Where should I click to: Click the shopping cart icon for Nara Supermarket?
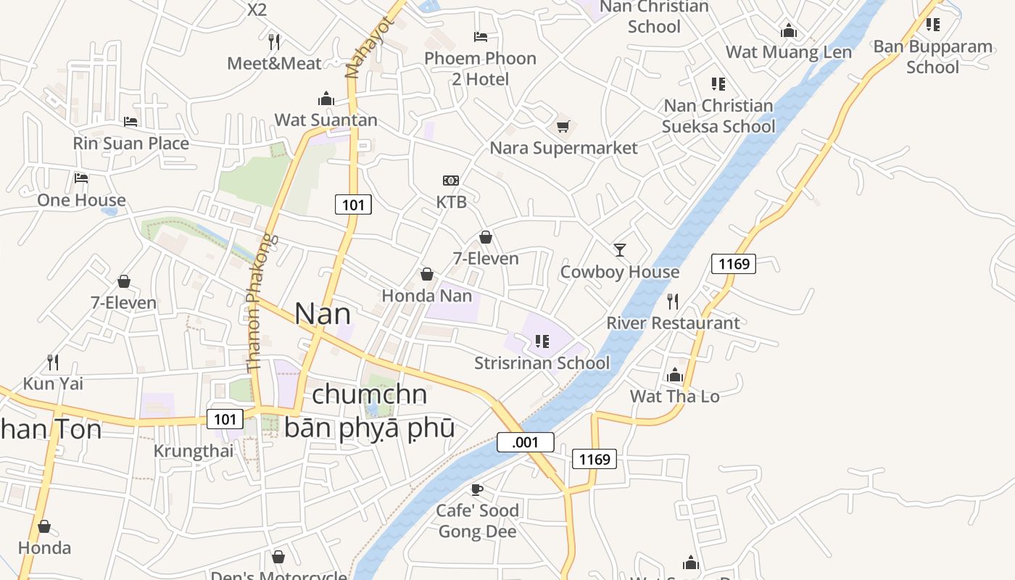click(563, 127)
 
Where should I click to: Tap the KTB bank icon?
click(451, 181)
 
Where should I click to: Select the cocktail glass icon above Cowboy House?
click(620, 250)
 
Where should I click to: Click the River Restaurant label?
click(673, 323)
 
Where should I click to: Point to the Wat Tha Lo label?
click(674, 396)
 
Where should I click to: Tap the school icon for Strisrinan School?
click(542, 341)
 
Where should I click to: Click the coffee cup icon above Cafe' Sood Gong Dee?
click(477, 489)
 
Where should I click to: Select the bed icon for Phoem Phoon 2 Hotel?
click(480, 36)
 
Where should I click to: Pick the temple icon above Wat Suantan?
click(326, 99)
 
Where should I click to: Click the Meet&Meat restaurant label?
click(274, 64)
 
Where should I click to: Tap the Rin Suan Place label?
click(130, 144)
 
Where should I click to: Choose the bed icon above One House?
click(81, 178)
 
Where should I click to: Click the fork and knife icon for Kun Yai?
click(53, 362)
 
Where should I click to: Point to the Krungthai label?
click(194, 451)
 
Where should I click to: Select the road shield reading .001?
click(526, 442)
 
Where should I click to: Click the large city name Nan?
click(323, 313)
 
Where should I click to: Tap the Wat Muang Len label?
click(789, 52)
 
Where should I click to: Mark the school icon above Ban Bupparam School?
click(933, 25)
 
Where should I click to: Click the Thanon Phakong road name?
click(260, 303)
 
